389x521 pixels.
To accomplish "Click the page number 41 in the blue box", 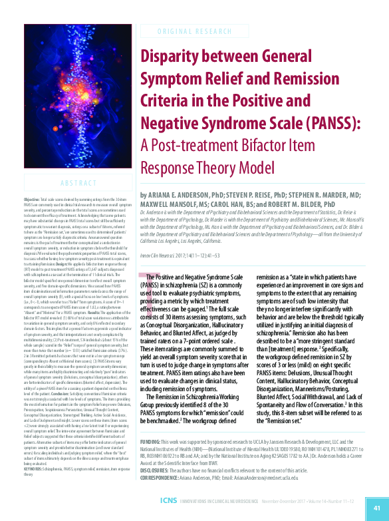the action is (x=376, y=507).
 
